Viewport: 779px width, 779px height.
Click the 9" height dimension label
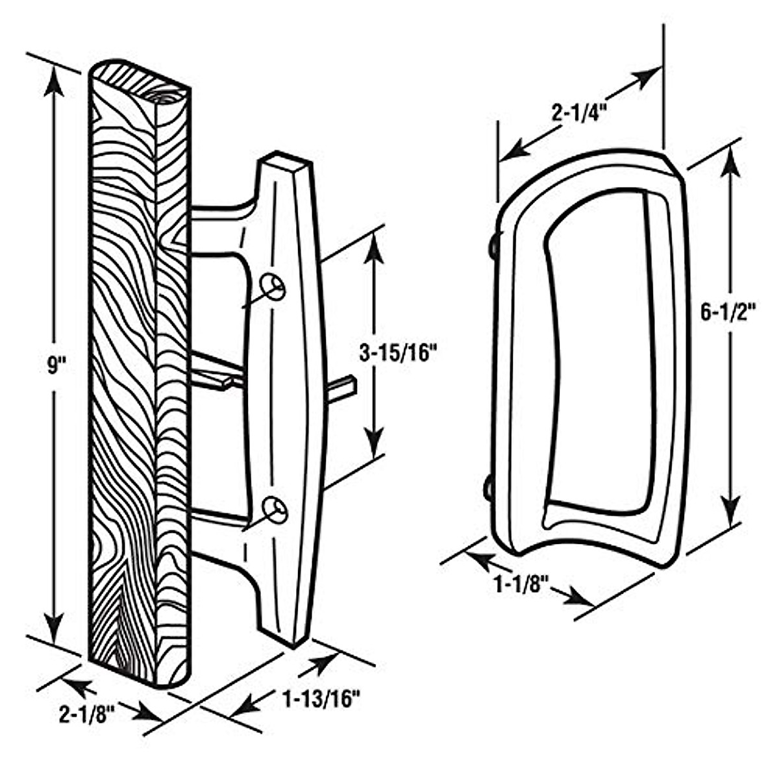[x=53, y=366]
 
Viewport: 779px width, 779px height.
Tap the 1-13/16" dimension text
[x=321, y=699]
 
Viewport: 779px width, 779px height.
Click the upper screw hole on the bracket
[x=273, y=286]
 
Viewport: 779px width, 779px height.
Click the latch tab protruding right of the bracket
[x=343, y=388]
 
